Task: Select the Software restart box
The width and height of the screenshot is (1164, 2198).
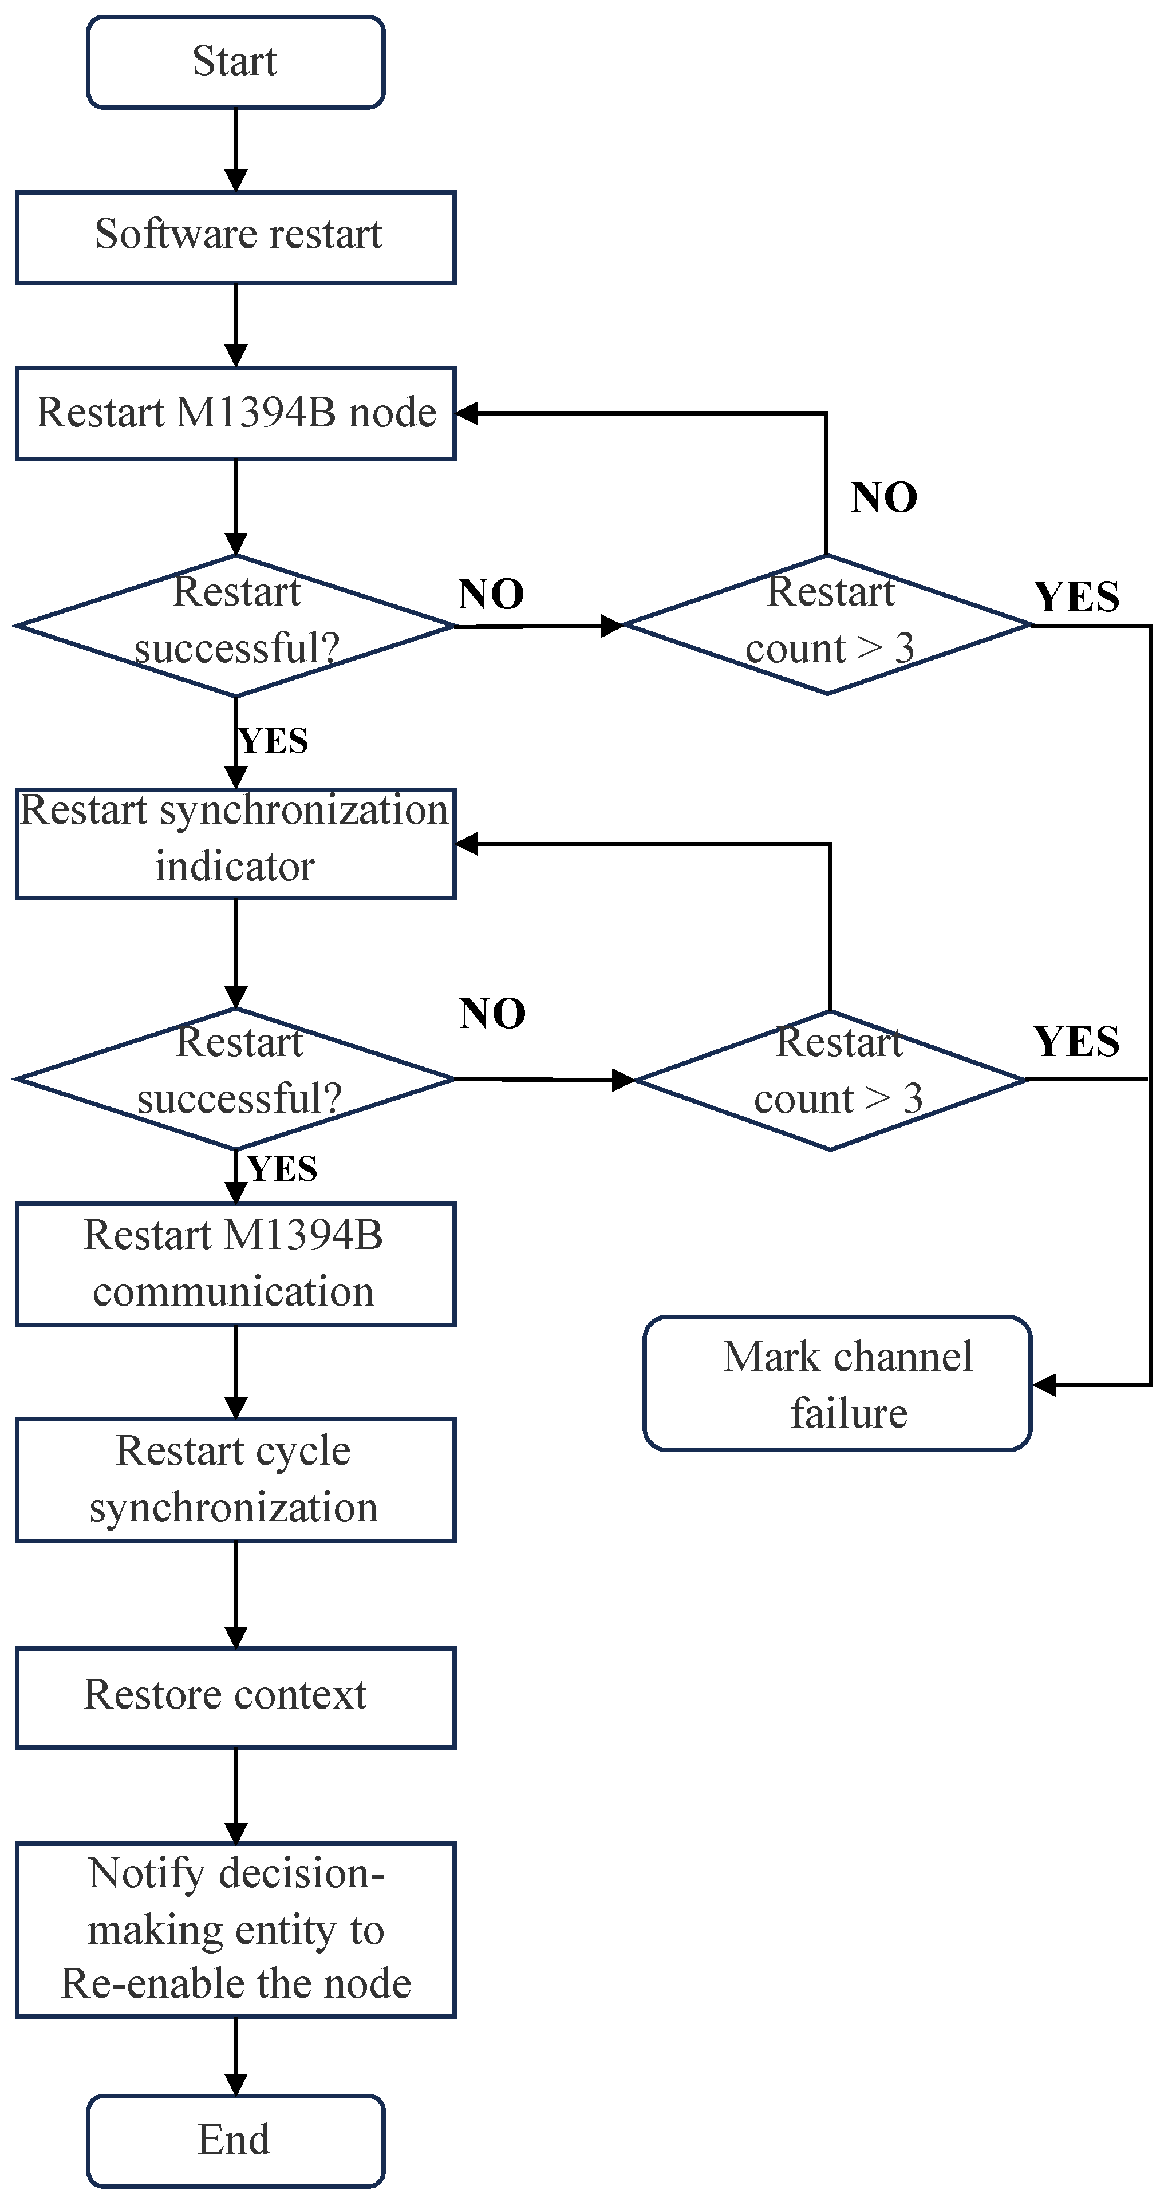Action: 235,237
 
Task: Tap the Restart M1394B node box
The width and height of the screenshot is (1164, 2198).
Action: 235,413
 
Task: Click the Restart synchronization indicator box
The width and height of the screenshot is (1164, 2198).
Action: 235,843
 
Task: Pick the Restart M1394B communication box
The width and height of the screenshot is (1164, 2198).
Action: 235,1264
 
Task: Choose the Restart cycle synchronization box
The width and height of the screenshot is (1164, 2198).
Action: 235,1480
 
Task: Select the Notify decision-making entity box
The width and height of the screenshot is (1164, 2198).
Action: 235,1929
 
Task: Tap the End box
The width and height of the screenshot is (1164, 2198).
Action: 235,2140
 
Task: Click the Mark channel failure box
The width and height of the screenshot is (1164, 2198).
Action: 837,1383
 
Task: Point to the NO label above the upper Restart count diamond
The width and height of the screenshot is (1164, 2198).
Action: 884,497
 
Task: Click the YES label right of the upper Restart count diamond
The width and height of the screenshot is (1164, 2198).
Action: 1076,596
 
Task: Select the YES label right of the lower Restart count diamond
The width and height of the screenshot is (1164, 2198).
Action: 1076,1041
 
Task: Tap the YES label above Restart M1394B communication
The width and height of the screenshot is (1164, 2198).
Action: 282,1169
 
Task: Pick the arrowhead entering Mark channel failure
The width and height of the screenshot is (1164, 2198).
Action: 1044,1385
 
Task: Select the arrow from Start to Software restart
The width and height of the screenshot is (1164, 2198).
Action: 235,149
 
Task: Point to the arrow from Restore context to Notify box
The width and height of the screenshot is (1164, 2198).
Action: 235,1795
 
